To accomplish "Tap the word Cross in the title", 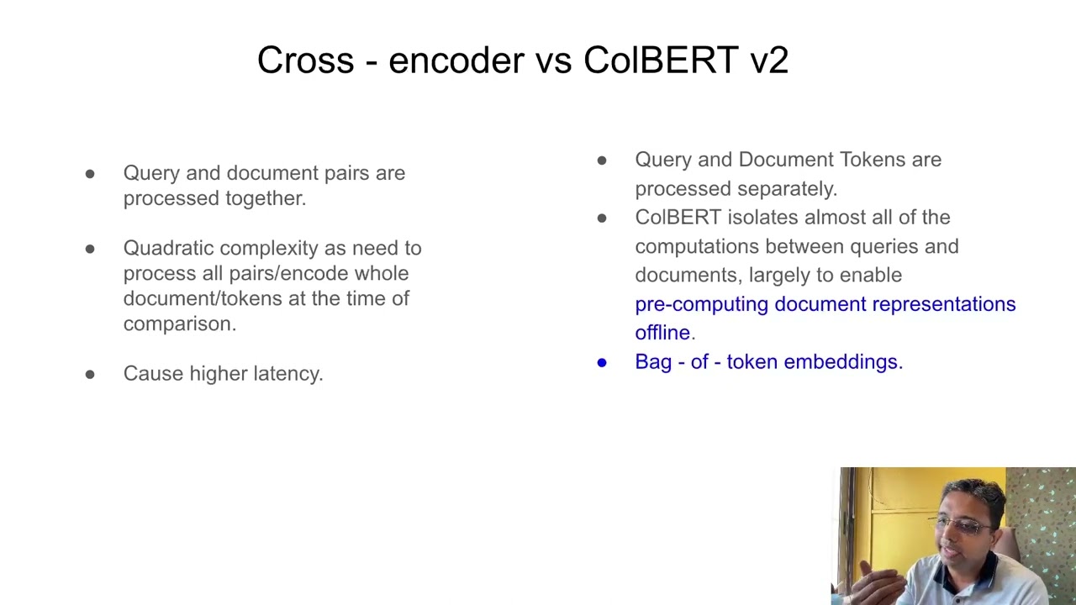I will point(305,60).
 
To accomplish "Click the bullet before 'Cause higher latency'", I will point(90,374).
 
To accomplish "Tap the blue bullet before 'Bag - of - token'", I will point(602,362).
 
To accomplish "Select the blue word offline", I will point(662,333).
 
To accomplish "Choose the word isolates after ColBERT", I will point(754,218).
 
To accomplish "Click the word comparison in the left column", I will point(179,324).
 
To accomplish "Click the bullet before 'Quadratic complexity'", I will point(90,249).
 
